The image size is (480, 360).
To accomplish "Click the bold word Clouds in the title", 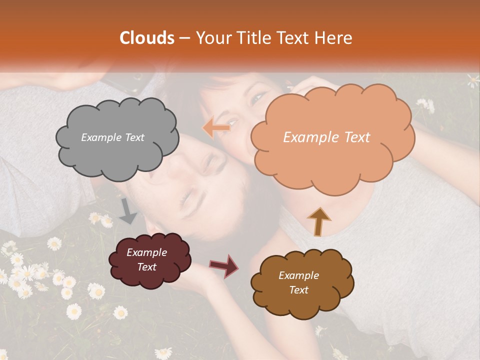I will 146,38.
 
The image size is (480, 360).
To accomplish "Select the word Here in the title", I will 333,38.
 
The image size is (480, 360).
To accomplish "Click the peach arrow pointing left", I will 216,128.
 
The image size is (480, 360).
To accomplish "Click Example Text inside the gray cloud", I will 112,137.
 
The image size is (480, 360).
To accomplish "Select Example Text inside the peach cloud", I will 326,137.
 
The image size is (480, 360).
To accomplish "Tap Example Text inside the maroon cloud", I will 147,260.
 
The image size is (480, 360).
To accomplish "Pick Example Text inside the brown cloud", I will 299,282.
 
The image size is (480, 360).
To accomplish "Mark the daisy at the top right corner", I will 473,79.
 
